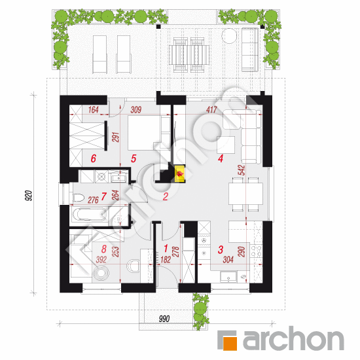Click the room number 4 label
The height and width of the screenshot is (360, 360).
[x=221, y=158]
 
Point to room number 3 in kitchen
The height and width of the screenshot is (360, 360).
[x=221, y=249]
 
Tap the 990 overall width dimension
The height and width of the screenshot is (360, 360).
[x=164, y=318]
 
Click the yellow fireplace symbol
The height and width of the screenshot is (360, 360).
[x=179, y=173]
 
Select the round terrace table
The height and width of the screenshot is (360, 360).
[x=230, y=37]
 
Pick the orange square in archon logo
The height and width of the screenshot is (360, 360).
[x=227, y=341]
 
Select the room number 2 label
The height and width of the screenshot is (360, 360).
[x=166, y=196]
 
